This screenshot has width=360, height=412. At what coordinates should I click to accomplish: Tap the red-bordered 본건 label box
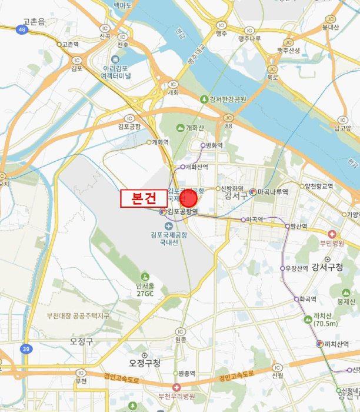[144, 198]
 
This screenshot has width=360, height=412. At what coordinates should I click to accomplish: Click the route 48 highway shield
[23, 29]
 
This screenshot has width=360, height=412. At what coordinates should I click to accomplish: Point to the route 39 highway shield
[26, 349]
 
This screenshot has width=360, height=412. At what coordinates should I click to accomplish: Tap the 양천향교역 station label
[319, 186]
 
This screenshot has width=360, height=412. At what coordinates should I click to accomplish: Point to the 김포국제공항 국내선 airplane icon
[169, 225]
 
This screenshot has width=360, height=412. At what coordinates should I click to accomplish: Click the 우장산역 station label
[298, 268]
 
